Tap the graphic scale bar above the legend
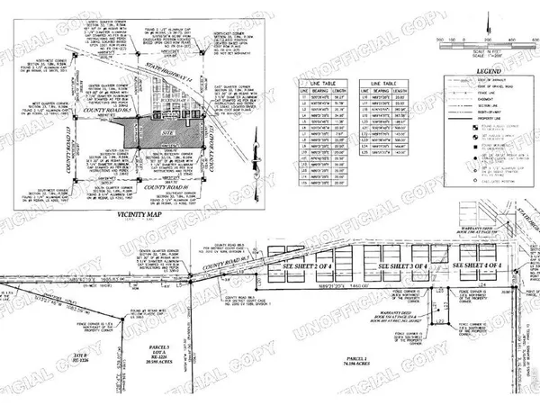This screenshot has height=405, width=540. coord(477,40)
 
